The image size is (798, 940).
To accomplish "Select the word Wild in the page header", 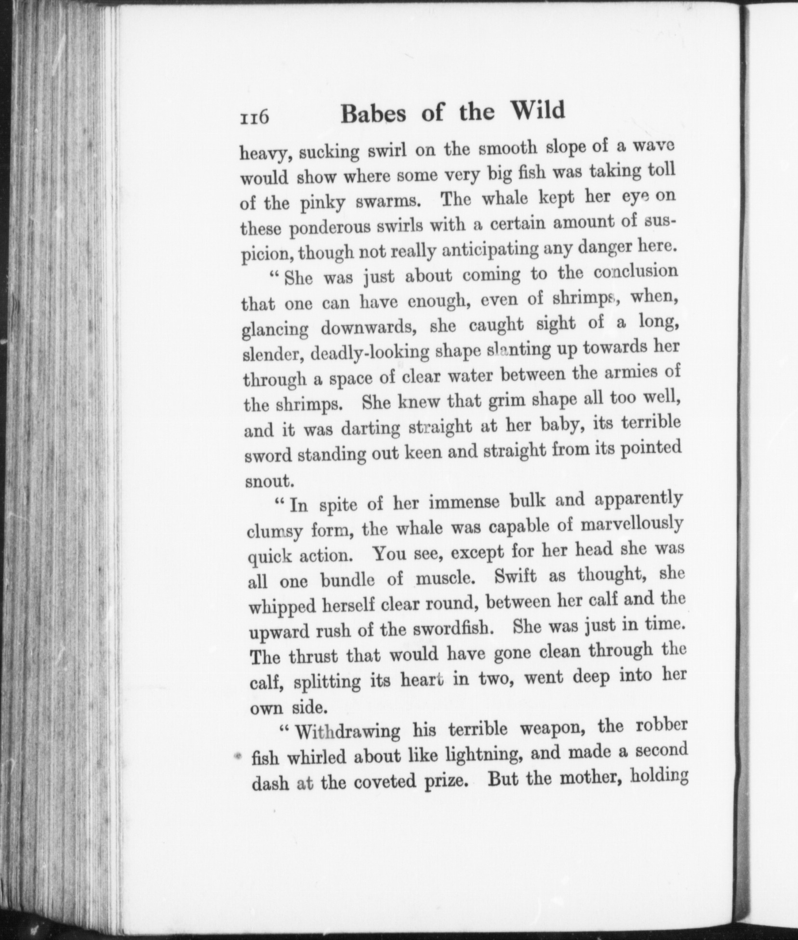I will point(538,111).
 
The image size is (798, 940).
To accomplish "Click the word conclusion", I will point(635,273).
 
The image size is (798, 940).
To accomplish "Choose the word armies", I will point(628,372).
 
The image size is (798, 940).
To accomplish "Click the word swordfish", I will point(452,629).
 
